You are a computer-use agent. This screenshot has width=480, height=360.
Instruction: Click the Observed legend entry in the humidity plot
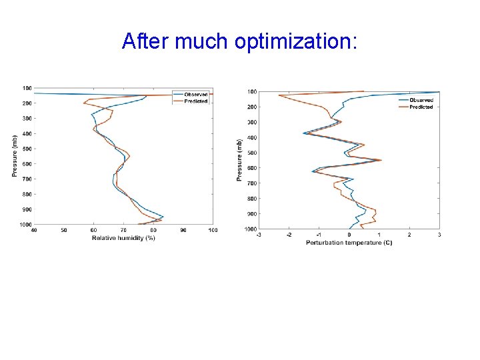click(195, 94)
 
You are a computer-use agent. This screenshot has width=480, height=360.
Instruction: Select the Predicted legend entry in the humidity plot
click(195, 101)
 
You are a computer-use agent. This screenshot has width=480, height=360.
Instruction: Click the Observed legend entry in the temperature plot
click(421, 100)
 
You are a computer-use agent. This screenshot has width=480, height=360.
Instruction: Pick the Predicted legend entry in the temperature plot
click(421, 107)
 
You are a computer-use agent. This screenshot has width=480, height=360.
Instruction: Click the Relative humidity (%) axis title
click(123, 238)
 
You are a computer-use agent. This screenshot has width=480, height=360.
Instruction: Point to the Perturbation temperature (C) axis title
click(349, 243)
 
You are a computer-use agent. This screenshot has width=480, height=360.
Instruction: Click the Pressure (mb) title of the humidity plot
click(15, 156)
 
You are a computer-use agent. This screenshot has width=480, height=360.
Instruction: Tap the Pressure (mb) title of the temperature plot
click(239, 160)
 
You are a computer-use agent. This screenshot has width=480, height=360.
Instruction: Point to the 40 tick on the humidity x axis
click(34, 231)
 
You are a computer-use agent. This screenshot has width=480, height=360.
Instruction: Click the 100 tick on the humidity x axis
click(212, 231)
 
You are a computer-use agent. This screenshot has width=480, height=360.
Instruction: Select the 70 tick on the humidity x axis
click(123, 231)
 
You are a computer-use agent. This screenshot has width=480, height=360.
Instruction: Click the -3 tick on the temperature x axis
click(259, 235)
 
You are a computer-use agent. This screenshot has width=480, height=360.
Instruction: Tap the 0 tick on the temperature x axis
click(349, 235)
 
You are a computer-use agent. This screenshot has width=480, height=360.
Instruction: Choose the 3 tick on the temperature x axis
click(439, 235)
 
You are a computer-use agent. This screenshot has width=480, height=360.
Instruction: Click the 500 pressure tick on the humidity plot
click(27, 149)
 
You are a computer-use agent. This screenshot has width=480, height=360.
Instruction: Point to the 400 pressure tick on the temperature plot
click(253, 138)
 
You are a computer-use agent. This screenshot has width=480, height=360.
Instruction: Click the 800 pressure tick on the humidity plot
click(27, 194)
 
